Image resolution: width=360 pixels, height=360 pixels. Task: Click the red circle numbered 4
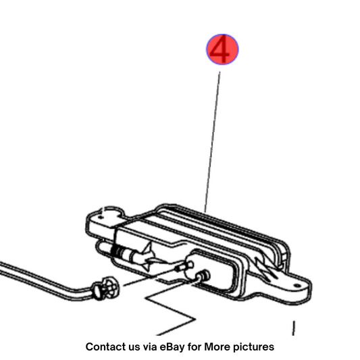click(x=222, y=49)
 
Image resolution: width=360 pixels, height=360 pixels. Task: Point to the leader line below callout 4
click(x=212, y=142)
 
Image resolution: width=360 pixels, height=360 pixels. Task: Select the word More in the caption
click(x=217, y=346)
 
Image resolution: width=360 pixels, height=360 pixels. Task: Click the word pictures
click(x=253, y=347)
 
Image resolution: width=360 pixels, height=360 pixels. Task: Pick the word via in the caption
click(x=151, y=346)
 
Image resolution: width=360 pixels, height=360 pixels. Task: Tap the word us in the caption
click(x=134, y=347)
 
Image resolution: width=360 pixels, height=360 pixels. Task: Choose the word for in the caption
click(x=195, y=346)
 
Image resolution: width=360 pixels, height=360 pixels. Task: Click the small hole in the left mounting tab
click(x=100, y=217)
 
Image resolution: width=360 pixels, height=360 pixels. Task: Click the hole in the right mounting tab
click(x=297, y=286)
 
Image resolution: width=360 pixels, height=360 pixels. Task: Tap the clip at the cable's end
click(x=106, y=288)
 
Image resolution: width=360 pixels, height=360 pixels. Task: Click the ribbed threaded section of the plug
click(x=118, y=252)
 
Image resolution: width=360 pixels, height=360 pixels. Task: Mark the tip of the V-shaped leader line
click(x=195, y=319)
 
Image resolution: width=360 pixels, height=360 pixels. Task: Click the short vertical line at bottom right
click(x=293, y=328)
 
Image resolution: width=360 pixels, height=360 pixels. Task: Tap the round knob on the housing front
click(x=203, y=276)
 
